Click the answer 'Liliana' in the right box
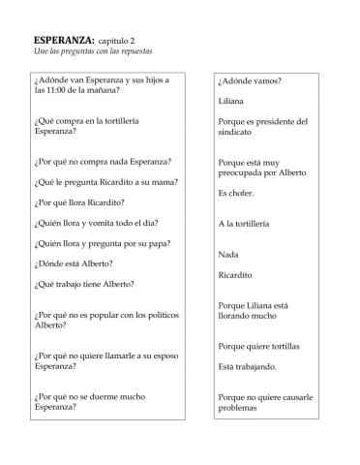tap(231, 101)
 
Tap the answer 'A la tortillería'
tap(251, 224)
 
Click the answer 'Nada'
tap(228, 255)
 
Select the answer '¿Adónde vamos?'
tap(250, 80)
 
